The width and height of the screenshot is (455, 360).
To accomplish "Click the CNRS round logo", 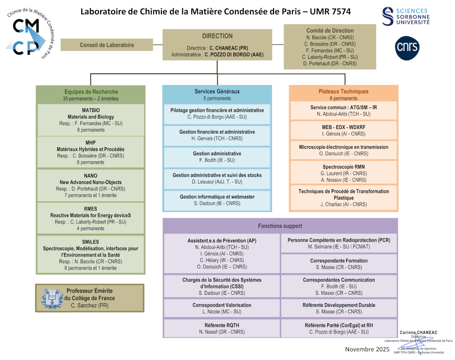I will click(407, 48).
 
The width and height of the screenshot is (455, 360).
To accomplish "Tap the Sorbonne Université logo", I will click(406, 17).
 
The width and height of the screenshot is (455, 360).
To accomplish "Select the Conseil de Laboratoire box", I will click(107, 45).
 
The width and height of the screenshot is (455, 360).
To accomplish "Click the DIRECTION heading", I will click(217, 36).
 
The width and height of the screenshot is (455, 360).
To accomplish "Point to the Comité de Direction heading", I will click(330, 30).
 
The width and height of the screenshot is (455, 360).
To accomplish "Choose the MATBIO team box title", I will click(91, 110).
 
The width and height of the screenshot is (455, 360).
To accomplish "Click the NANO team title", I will click(91, 176).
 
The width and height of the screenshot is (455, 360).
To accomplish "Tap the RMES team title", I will click(91, 209).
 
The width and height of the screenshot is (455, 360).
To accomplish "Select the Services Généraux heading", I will click(217, 91).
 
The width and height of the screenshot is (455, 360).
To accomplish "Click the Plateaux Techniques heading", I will click(344, 91).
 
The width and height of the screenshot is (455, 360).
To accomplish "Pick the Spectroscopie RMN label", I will click(344, 167).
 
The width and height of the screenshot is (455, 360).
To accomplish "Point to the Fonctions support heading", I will click(280, 226).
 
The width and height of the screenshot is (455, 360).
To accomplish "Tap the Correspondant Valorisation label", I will click(222, 305).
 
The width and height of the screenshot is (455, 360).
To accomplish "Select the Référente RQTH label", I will click(222, 325).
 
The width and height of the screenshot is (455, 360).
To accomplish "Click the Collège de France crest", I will click(52, 298).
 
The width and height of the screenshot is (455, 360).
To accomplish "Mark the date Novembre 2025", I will click(367, 349).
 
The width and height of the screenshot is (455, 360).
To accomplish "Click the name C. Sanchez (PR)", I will click(89, 305).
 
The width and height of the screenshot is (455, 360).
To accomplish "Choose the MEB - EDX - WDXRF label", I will click(344, 127).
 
